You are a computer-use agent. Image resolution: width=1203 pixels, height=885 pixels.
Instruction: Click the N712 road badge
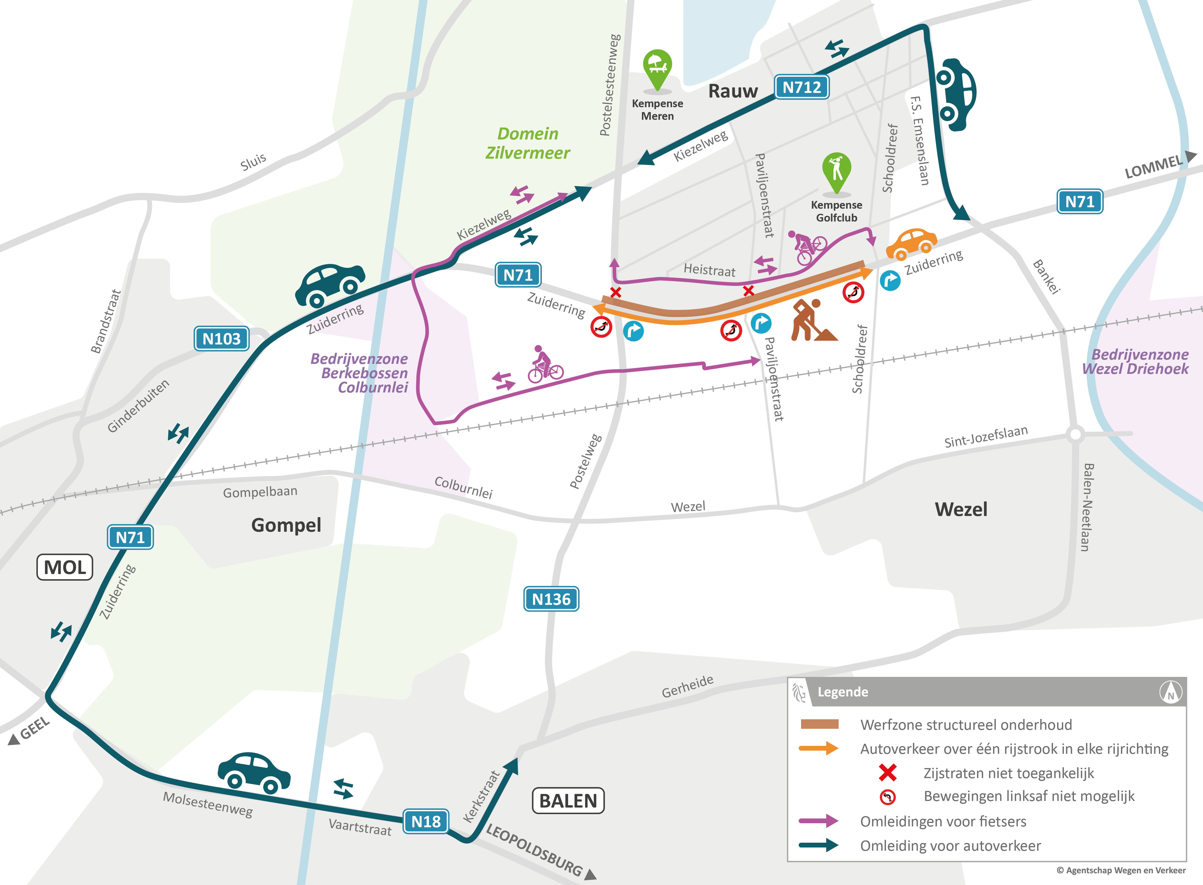(801, 87)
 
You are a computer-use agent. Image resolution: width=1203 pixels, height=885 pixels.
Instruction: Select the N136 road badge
(551, 599)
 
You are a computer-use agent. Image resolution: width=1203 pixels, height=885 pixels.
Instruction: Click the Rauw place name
(733, 91)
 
